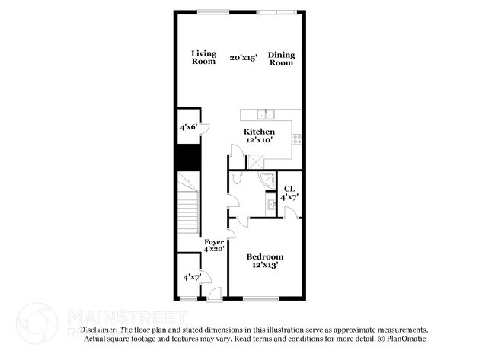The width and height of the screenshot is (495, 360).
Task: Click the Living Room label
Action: coord(203,57)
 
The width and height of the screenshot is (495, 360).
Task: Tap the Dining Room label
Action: coord(281,59)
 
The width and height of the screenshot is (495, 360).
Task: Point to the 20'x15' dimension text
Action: coord(243,57)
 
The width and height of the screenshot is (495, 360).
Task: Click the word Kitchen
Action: coord(259,132)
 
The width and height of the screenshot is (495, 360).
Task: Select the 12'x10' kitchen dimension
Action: coord(259,141)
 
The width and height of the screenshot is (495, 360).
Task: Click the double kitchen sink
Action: coord(265,115)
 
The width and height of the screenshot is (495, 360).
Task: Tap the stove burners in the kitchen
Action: coord(297,139)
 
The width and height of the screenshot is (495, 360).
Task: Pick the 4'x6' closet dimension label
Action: coord(188,127)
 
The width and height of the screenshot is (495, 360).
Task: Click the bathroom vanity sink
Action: coord(271,204)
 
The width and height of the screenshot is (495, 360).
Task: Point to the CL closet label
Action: coord(289,189)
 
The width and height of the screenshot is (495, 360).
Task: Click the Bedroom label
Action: coord(265,256)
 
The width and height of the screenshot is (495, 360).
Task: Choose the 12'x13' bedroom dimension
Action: coord(265,266)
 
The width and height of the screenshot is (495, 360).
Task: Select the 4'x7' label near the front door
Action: coord(191,278)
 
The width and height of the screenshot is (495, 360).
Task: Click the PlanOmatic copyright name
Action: coord(409,339)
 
